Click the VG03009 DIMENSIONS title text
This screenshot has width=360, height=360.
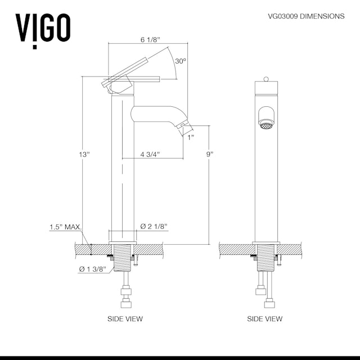pyautogui.click(x=306, y=16)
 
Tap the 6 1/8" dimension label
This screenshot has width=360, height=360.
pyautogui.click(x=150, y=40)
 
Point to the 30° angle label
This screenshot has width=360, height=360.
pyautogui.click(x=180, y=61)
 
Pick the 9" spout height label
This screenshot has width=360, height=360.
pyautogui.click(x=210, y=154)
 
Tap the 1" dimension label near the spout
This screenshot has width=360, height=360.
pyautogui.click(x=191, y=137)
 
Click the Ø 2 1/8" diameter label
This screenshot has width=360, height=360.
pyautogui.click(x=153, y=226)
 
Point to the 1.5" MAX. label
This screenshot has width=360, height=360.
pyautogui.click(x=65, y=227)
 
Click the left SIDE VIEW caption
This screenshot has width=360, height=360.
pyautogui.click(x=125, y=319)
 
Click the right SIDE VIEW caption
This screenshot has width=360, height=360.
pyautogui.click(x=265, y=319)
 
